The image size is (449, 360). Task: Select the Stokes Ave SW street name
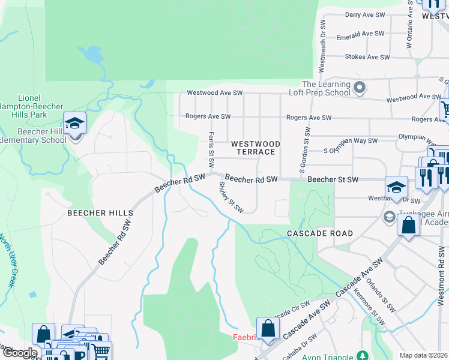(x=367, y=57)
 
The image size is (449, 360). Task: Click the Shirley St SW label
(x=231, y=198)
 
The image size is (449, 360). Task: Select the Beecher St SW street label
(x=333, y=179)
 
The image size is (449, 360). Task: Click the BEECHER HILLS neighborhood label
(x=100, y=213)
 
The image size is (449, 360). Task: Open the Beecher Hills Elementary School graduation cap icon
(x=74, y=124)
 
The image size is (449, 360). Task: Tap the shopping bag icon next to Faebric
(x=268, y=328)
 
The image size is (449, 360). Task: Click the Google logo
(x=20, y=353)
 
